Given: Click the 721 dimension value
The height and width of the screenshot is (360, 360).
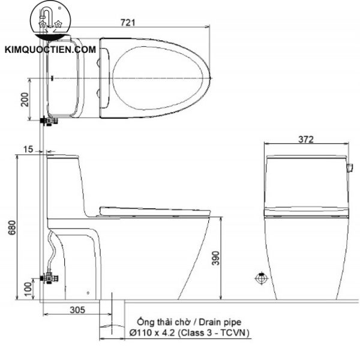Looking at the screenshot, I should point(130,22).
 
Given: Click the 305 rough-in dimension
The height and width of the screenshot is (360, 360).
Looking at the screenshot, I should point(76,310).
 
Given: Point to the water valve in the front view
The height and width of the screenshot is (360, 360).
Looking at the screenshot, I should point(261,278).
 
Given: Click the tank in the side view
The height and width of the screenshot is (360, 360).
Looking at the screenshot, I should point(62,180).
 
